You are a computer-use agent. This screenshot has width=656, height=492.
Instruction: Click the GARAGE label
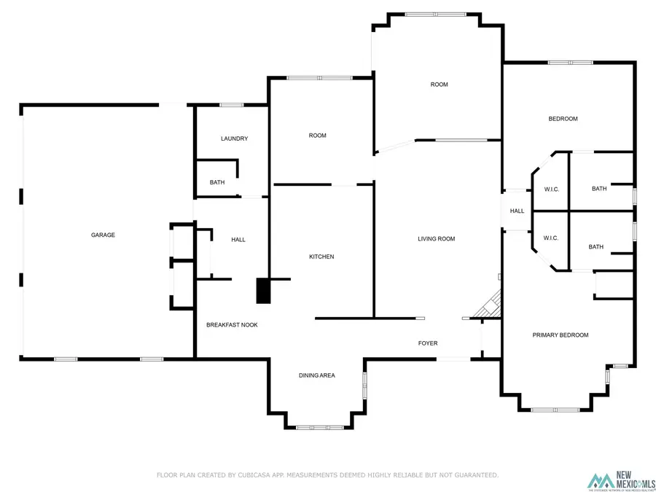point(103,235)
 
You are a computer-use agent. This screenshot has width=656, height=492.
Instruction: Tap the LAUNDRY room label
point(234,138)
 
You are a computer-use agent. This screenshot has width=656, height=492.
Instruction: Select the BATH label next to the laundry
point(217,182)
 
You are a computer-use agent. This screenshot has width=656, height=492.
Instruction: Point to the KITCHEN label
point(321,257)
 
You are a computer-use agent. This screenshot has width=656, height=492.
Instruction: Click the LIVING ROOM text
point(436,238)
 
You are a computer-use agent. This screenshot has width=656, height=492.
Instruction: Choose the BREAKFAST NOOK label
point(232,324)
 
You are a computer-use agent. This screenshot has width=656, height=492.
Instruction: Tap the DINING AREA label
point(317,375)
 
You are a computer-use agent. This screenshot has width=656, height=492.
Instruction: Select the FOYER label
point(428,343)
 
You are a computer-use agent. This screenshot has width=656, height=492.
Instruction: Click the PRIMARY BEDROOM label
point(560,335)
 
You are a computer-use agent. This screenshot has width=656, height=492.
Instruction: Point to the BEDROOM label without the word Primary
point(563,119)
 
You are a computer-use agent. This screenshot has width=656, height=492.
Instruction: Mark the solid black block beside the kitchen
point(262,290)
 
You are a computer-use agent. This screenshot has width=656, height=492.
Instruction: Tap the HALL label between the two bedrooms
point(517,211)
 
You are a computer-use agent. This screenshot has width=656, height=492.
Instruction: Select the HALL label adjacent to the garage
point(238,240)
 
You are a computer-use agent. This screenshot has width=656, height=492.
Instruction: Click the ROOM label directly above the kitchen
point(317,135)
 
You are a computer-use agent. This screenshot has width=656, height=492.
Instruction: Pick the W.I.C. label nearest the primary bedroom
point(551,238)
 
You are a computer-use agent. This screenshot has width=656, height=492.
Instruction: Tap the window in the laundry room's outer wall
point(232,105)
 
